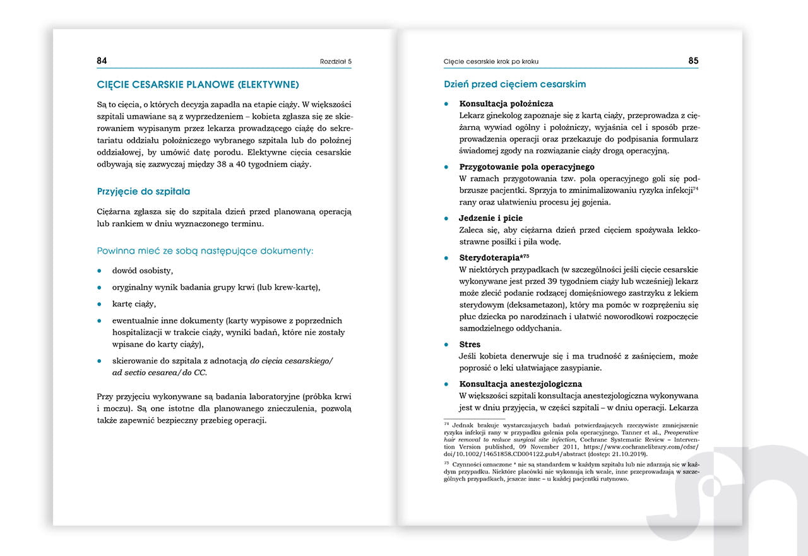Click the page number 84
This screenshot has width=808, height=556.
click(102, 61)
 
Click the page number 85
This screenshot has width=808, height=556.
click(693, 61)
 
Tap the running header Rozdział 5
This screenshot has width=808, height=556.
click(335, 62)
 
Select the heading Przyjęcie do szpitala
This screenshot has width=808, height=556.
click(143, 191)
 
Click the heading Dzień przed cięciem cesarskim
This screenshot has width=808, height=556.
click(514, 84)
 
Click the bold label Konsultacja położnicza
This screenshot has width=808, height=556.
click(506, 104)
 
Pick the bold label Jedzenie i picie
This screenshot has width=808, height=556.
click(490, 218)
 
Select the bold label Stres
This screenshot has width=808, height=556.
click(470, 345)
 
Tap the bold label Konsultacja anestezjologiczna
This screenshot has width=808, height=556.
click(520, 384)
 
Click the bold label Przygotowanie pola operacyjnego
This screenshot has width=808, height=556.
click(526, 167)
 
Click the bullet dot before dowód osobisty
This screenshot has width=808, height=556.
click(99, 271)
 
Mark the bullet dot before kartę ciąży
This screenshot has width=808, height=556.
click(99, 304)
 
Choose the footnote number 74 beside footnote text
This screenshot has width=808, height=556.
click(446, 425)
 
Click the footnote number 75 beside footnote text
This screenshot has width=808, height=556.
click(446, 463)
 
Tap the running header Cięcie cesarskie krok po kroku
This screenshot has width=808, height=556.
click(490, 62)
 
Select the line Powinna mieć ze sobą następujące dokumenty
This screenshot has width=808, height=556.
click(205, 251)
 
